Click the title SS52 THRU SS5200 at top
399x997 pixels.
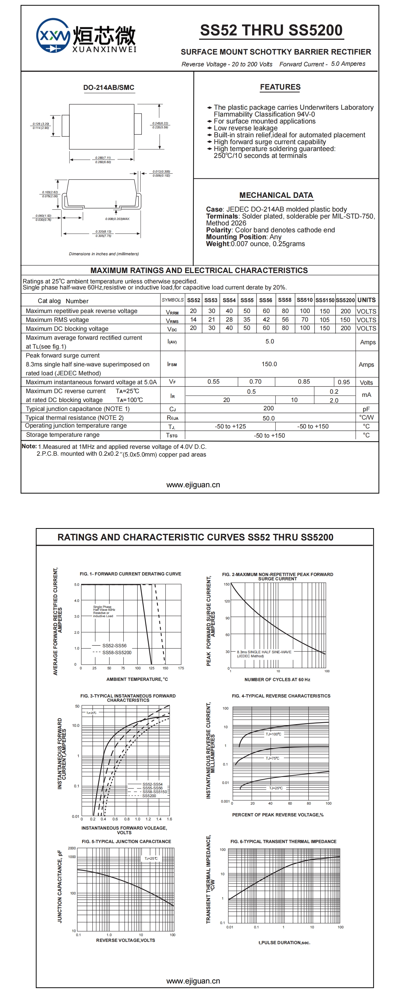coord(271,30)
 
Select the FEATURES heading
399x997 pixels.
coord(280,87)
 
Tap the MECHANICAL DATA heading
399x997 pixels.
coord(276,196)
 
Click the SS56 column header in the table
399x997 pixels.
coord(266,300)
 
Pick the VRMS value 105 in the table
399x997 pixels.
coord(324,320)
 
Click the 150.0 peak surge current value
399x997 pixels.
coord(269,364)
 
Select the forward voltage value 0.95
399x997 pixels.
coord(344,382)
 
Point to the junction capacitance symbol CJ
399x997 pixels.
coord(173,409)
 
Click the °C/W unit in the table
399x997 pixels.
coord(366,417)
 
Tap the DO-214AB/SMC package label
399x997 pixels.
coord(109,88)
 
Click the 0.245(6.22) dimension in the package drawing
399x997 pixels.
coord(160,123)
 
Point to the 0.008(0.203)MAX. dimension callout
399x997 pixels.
coord(118,219)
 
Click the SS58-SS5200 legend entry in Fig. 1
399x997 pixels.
coord(117,652)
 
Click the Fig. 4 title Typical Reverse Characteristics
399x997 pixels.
coord(281,696)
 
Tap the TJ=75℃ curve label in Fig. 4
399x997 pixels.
coord(272,758)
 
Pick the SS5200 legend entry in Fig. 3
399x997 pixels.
coord(149,796)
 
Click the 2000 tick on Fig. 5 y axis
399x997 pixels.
coord(72,848)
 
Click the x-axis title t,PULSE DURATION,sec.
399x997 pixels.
coord(284,943)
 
